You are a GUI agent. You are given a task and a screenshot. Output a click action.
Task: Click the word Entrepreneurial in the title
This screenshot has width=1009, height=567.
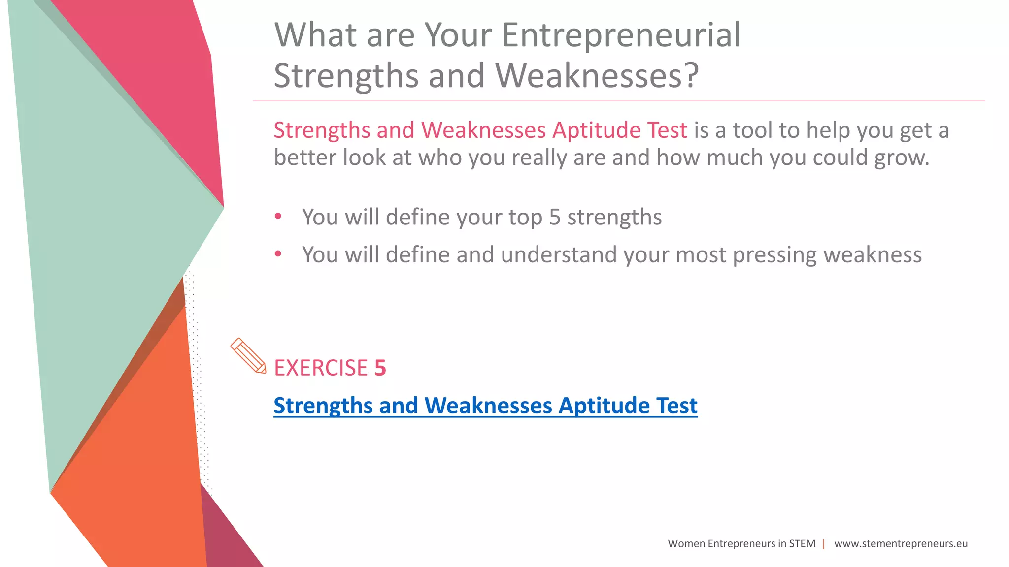(621, 35)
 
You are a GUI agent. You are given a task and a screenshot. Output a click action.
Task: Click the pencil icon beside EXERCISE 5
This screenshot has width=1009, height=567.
(248, 355)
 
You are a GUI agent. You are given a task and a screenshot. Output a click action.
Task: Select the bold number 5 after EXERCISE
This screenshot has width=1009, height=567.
(380, 368)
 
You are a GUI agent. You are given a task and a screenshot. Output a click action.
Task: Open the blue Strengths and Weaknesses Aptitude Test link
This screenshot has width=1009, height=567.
(485, 406)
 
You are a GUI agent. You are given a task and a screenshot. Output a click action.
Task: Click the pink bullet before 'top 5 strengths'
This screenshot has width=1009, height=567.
(278, 216)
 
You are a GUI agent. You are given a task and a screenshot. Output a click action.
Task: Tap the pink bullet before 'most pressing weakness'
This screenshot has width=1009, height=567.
(278, 254)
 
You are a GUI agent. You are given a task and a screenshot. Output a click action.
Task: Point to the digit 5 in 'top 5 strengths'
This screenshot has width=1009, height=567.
(555, 218)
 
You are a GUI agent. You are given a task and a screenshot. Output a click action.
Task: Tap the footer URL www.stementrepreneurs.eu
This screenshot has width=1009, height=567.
(901, 544)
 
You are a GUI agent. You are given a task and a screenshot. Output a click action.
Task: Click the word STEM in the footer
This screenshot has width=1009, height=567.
(802, 544)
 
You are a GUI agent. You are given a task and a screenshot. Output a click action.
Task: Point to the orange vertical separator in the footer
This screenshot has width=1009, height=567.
(824, 544)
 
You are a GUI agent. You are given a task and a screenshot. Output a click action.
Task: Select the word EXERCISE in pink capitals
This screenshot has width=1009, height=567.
(321, 368)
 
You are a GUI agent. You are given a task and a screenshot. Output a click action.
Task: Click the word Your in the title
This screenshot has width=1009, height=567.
(458, 35)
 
